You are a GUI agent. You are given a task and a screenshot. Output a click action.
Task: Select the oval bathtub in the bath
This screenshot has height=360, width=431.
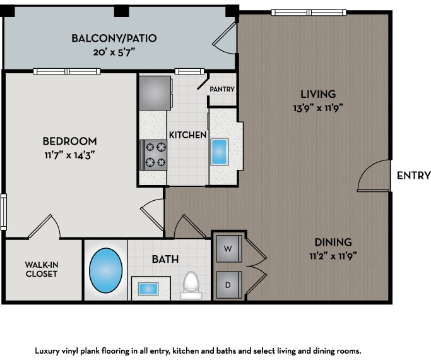(x=106, y=270)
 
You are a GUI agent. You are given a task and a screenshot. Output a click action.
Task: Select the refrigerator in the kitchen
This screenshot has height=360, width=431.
(x=154, y=92)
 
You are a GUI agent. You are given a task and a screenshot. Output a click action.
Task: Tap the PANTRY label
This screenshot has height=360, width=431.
(x=222, y=90)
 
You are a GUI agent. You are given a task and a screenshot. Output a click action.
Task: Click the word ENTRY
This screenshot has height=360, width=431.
(x=413, y=176)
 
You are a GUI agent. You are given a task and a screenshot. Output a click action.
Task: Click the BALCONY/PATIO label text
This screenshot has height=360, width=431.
(x=114, y=39)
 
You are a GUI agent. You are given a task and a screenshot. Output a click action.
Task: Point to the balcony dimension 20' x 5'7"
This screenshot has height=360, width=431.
(x=114, y=52)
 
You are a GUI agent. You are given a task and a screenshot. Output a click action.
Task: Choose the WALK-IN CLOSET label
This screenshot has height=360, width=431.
(x=41, y=269)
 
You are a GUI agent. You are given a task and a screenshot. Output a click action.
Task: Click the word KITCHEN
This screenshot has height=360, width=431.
(x=187, y=135)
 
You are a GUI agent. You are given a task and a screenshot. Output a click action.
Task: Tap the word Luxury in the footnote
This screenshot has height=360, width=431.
(x=48, y=349)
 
